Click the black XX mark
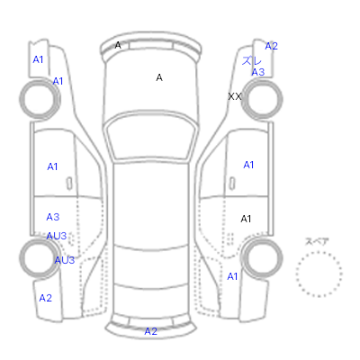[x=235, y=96]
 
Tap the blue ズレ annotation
[x=251, y=61]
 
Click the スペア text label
[x=317, y=241]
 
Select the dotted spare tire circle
[x=319, y=252]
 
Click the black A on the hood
[x=159, y=77]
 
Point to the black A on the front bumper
[x=118, y=45]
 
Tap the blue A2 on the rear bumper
[x=150, y=331]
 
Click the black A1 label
[x=246, y=219]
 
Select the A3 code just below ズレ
[x=258, y=72]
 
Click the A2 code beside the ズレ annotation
[x=271, y=46]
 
